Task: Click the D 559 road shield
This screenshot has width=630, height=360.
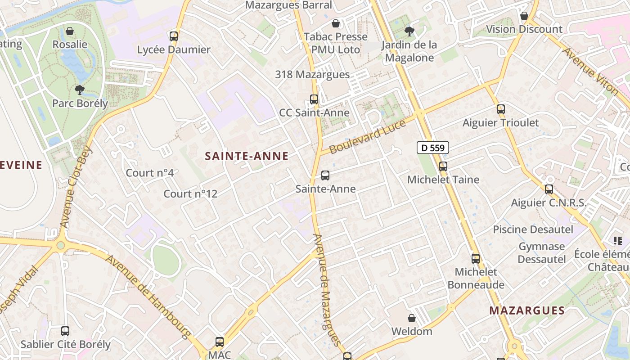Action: pos(432,148)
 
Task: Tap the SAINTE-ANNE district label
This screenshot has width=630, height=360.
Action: pos(247,156)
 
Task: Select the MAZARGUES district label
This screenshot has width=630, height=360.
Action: pos(527,310)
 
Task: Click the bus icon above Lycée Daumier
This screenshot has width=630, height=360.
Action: pos(174,36)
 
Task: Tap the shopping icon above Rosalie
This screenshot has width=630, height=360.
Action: pos(70,31)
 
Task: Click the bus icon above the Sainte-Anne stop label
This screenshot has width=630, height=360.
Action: pos(325,175)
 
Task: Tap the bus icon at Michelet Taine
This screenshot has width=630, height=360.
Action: pos(443,166)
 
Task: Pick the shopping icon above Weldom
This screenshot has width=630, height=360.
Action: pos(411,318)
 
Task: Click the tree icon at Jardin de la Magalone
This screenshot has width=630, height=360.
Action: pos(409,31)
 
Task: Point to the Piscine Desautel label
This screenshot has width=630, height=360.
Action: pos(533,229)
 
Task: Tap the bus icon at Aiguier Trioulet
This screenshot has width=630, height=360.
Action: pos(501,109)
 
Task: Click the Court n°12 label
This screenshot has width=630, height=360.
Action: pos(190,194)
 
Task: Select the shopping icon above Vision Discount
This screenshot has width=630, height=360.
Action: pos(524,16)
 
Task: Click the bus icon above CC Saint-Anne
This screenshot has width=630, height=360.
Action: pos(314,99)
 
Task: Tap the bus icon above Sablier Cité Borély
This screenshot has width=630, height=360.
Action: pos(65,331)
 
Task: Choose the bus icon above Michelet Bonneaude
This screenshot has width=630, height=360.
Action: pos(476,259)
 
